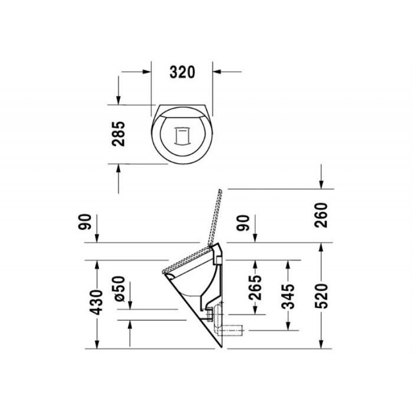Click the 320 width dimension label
[x=182, y=72]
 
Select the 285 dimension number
[x=118, y=134]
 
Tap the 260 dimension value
[x=321, y=215]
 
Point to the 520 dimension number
[x=321, y=296]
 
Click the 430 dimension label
[x=96, y=302]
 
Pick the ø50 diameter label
[x=118, y=288]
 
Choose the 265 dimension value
[x=255, y=288]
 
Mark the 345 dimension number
[x=288, y=296]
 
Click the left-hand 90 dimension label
[x=85, y=222]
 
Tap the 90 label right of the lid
[x=242, y=223]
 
